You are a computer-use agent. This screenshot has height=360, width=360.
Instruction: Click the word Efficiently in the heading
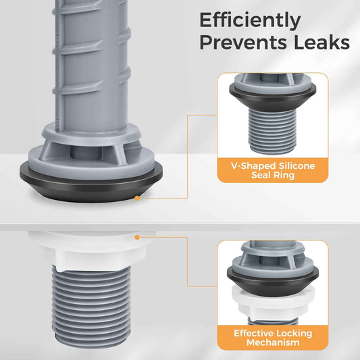(250, 21)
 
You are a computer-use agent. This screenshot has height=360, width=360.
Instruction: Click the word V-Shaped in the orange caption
(253, 165)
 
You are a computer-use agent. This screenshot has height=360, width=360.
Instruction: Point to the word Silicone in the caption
(297, 165)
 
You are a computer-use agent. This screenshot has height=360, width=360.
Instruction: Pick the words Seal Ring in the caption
(273, 175)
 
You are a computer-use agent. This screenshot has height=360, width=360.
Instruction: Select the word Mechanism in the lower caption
(273, 342)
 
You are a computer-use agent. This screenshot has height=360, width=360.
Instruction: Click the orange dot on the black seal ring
(137, 198)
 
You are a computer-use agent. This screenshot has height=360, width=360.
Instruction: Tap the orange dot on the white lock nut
(137, 237)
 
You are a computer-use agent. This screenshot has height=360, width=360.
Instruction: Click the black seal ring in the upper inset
(273, 97)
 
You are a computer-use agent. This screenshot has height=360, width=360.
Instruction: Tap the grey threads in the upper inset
(272, 131)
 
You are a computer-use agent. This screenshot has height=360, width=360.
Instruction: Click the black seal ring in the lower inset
(273, 280)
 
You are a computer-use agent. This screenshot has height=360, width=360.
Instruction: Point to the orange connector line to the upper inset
(188, 156)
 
